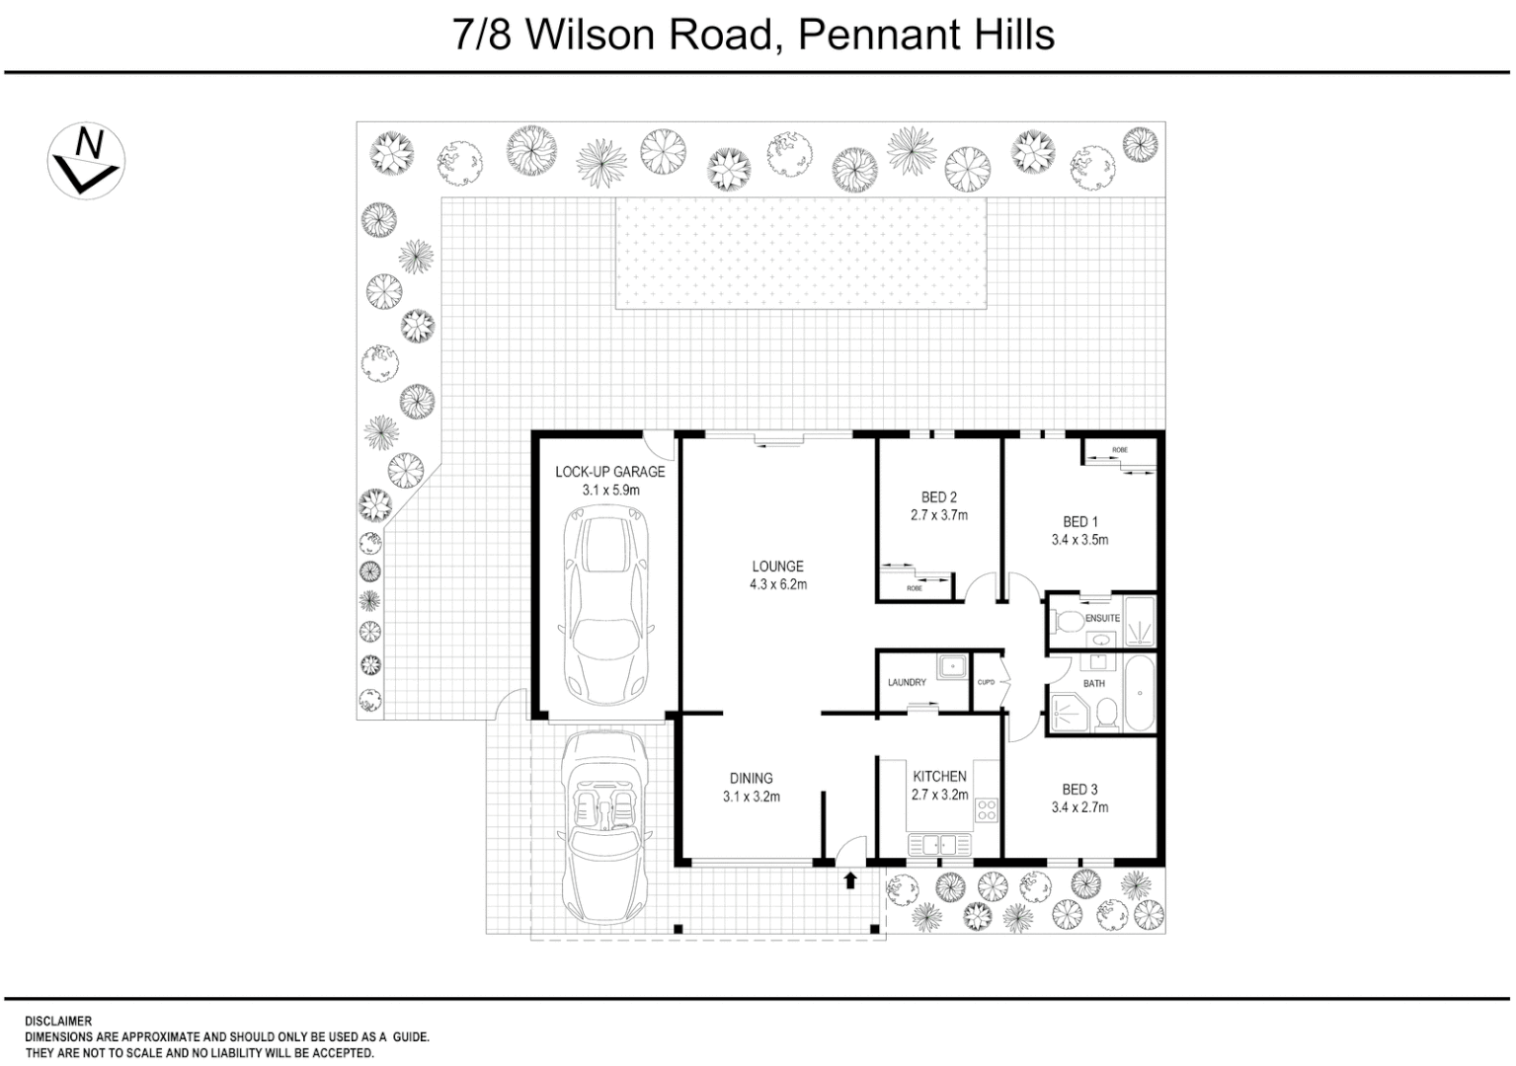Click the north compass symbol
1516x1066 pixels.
coord(86,161)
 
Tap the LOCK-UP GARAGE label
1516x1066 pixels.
coord(609,472)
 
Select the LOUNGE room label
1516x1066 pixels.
coord(777,567)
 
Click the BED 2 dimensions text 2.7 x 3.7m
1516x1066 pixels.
coord(938,515)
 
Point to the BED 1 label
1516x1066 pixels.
coord(1079,522)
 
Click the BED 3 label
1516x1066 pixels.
coord(1079,790)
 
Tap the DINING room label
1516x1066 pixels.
coord(751,779)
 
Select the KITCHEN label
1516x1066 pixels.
coord(938,777)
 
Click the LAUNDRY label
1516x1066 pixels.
coord(907,683)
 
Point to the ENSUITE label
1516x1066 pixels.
coord(1102,619)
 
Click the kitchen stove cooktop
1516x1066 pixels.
coord(987,810)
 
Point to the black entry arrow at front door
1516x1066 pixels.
coord(850,879)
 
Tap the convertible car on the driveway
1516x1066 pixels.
coord(604,829)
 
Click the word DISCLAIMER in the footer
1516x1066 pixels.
coord(57,1022)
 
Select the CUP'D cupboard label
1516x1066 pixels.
coord(985,682)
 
